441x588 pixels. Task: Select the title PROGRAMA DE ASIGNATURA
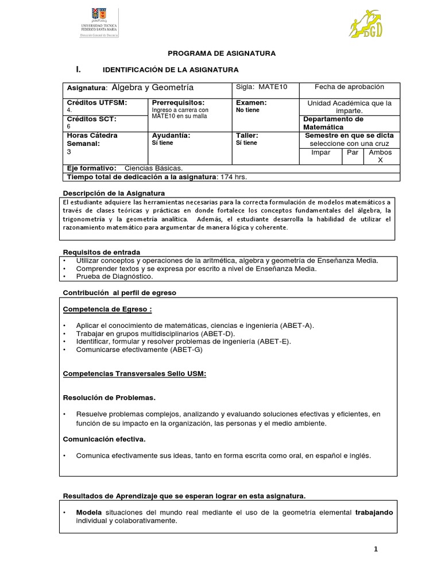pos(222,53)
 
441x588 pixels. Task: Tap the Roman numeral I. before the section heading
pos(79,69)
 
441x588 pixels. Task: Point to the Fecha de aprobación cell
pos(349,87)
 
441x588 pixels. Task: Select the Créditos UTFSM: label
pos(96,102)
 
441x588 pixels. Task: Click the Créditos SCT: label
pos(92,119)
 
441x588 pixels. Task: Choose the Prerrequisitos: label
pos(178,102)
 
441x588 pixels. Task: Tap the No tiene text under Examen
pos(247,110)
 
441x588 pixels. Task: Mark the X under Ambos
pos(379,161)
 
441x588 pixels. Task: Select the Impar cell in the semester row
pos(320,153)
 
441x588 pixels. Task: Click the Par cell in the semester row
pos(352,153)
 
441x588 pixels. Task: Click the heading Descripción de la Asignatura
pos(113,193)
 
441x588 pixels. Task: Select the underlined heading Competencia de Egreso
pos(107,309)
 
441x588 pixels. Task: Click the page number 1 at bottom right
pos(376,550)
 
